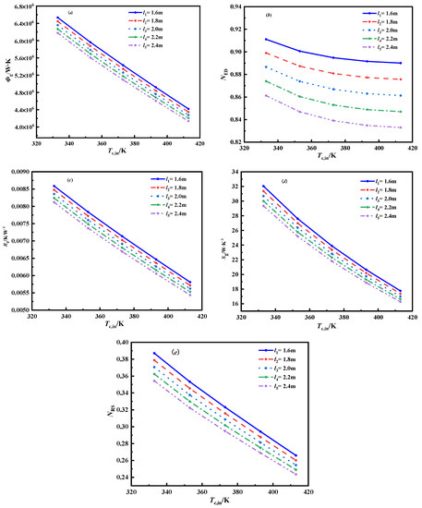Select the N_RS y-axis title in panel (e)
(x=114, y=408)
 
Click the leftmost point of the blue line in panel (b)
(x=266, y=39)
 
